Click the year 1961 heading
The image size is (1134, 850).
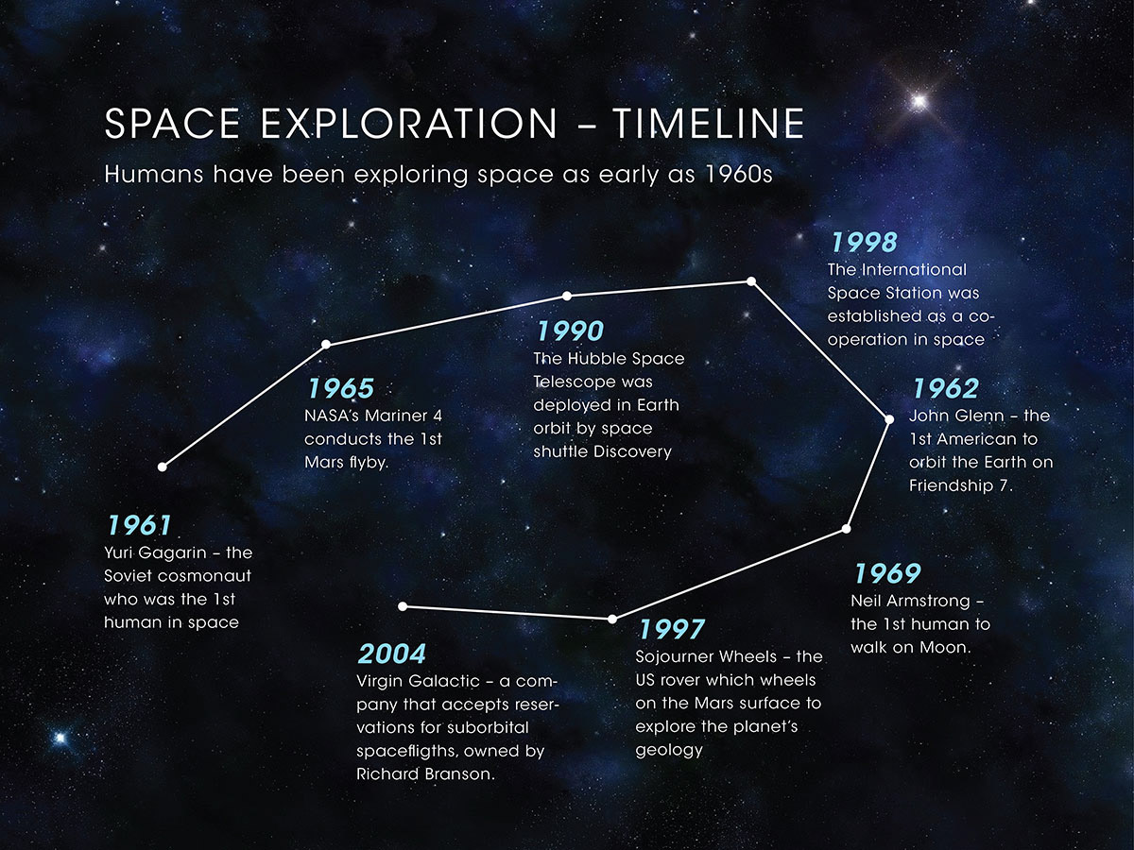(x=139, y=525)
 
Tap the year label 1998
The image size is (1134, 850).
(x=864, y=242)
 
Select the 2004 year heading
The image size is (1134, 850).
(x=392, y=654)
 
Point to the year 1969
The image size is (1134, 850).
(x=887, y=573)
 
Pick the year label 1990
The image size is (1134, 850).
(x=571, y=331)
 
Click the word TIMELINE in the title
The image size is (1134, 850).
(x=709, y=124)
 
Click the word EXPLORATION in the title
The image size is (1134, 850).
(x=408, y=124)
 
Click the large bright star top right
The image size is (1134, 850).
(x=919, y=101)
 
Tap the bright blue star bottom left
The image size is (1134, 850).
(x=60, y=738)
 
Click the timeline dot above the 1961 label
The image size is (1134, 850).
(x=163, y=467)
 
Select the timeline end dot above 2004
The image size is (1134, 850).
(x=403, y=606)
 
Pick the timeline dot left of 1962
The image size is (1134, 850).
(x=889, y=419)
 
